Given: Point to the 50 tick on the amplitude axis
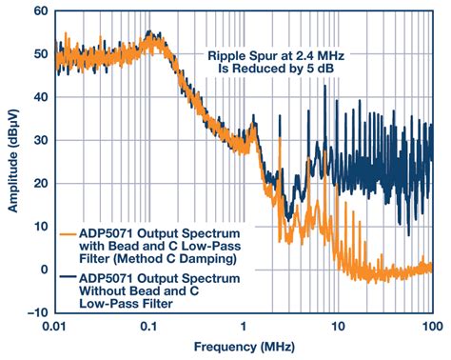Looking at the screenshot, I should tap(37, 56).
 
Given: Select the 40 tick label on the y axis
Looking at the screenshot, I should tap(37, 99).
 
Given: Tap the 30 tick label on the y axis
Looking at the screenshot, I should tap(37, 141).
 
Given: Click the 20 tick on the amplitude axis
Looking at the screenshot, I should tap(37, 184).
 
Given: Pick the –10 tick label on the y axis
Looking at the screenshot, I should tap(33, 311).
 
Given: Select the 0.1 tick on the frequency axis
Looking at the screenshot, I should tap(150, 326).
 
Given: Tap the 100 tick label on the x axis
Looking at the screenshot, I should tap(432, 326).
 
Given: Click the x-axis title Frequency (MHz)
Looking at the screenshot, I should tap(243, 349).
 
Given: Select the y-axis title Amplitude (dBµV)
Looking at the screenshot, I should tap(11, 162).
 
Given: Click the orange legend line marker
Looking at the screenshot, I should tap(69, 232).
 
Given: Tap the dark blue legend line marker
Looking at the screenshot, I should tap(69, 276).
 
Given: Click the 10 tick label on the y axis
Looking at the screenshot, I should tap(37, 227).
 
